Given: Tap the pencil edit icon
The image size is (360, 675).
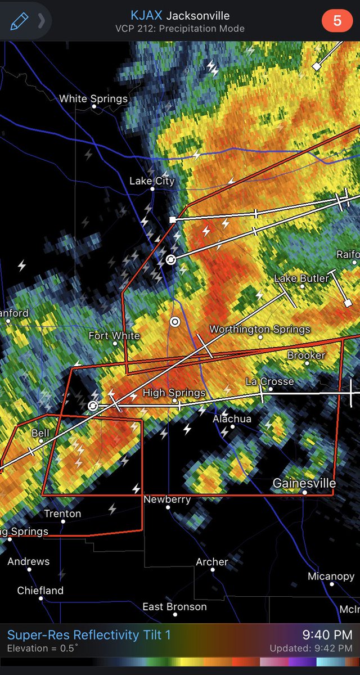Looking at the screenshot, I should (19, 21).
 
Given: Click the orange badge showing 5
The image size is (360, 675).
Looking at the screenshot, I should (337, 21).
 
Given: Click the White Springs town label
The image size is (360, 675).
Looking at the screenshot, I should (93, 99).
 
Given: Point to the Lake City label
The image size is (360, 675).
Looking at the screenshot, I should (152, 181).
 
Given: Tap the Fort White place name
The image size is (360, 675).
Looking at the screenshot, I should (114, 336).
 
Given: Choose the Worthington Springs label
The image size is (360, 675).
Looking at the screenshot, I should (259, 329).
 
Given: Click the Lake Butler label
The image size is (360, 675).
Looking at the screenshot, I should (301, 278).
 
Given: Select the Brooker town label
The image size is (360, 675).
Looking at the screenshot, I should (306, 355).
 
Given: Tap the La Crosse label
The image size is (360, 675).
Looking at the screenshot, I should (269, 381).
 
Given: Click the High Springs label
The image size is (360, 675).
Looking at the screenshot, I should (174, 393).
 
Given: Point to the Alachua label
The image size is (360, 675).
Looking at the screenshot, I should (232, 419).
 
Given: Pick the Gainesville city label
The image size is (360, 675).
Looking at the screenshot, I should (304, 483).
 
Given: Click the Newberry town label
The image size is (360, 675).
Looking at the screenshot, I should (167, 499).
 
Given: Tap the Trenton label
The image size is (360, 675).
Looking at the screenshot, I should (62, 514).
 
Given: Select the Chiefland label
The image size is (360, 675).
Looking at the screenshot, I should (40, 591).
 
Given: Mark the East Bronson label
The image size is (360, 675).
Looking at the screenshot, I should (174, 607).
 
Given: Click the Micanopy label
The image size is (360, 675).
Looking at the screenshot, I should (331, 577).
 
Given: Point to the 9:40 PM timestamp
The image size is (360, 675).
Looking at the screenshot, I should (327, 635).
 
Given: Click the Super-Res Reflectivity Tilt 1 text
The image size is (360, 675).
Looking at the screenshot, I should (88, 635).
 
